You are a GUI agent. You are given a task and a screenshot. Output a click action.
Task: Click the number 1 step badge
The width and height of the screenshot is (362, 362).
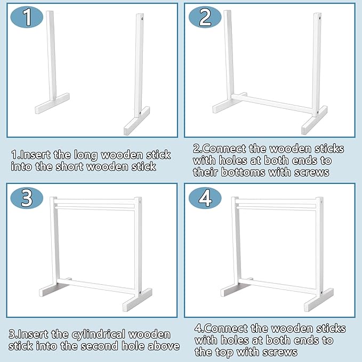(27, 17)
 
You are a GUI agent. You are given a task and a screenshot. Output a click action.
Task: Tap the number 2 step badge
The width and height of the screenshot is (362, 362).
(205, 17)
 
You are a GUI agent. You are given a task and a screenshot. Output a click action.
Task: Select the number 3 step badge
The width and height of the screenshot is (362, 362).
(27, 198)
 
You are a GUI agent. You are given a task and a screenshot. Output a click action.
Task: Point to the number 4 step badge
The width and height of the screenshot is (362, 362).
(205, 198)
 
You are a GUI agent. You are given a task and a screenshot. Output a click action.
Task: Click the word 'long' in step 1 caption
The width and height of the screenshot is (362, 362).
(86, 155)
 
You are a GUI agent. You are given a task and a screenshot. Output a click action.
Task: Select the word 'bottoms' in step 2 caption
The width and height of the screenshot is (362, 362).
(243, 172)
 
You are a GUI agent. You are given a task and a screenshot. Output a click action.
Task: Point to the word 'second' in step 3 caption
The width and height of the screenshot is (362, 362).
(100, 346)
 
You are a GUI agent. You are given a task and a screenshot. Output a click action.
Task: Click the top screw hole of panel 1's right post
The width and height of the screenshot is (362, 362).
(142, 18)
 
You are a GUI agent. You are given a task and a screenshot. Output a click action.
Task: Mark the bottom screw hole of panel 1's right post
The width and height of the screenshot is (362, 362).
(140, 113)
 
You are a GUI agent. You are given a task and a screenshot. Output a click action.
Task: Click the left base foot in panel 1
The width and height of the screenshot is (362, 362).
(52, 103)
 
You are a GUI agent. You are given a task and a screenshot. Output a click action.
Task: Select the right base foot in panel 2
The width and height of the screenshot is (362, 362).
(315, 120)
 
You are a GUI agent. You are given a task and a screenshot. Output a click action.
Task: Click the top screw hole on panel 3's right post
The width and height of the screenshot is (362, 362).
(140, 202)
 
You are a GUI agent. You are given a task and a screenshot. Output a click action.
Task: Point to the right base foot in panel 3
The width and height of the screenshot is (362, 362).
(138, 300)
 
